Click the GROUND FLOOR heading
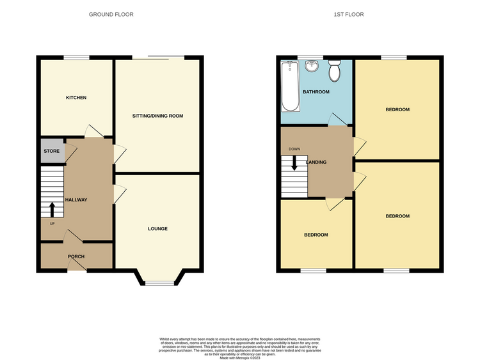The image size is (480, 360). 111,14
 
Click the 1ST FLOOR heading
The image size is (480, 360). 349,14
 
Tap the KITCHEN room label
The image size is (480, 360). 76,98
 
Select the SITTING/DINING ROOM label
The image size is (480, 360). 157,116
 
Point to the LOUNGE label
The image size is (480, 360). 157,229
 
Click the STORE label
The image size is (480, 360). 51,151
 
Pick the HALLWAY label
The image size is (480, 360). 76,200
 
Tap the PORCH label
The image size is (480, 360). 76,256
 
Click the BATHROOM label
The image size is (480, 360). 316,92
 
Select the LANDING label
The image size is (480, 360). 316,162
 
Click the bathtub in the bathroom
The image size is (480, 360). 290,86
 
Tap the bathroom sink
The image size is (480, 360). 312,65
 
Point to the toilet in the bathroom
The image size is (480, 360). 334,70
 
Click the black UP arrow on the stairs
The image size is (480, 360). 52,210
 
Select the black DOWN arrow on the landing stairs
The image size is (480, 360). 294,163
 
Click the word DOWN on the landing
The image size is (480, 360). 294,149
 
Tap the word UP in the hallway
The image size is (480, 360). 52,224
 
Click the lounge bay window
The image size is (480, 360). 159,283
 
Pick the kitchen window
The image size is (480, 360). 76,57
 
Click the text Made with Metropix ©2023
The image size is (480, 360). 240,358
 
